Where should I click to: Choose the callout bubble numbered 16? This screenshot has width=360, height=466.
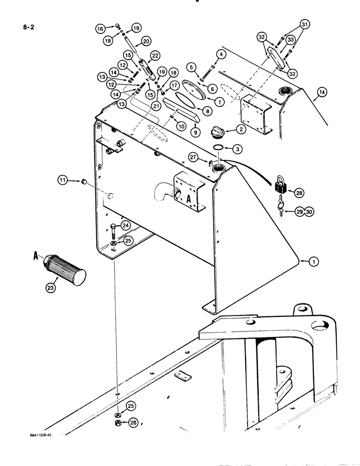(x=100, y=28)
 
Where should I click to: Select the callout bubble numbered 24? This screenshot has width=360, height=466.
(x=125, y=226)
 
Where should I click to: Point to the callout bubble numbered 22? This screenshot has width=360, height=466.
(x=154, y=55)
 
